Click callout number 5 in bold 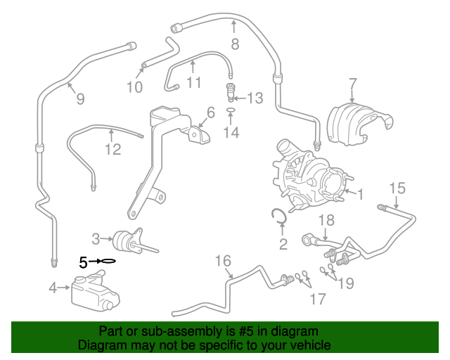tap(83, 262)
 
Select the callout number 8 tap(235, 44)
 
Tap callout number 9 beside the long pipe tap(80, 99)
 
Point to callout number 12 tap(113, 149)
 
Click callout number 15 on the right tap(397, 188)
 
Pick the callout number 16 tap(223, 262)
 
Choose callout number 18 tap(326, 221)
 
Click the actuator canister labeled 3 tap(127, 239)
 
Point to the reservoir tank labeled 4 tap(91, 290)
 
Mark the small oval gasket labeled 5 tap(107, 262)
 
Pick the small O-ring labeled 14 tap(231, 111)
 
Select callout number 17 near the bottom tap(318, 300)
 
